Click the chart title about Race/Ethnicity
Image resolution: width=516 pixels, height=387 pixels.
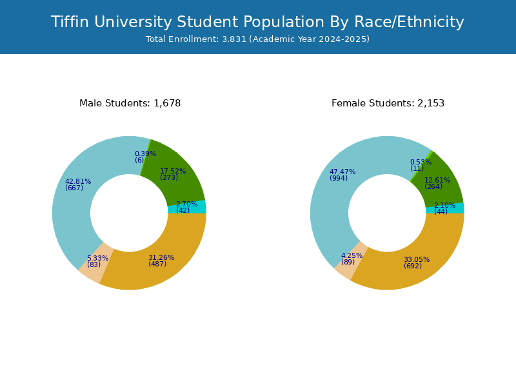click(x=257, y=22)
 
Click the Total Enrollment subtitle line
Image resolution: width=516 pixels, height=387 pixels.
click(x=257, y=39)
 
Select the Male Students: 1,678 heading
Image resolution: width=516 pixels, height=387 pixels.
click(x=130, y=103)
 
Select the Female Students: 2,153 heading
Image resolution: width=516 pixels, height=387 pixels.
click(x=388, y=103)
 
